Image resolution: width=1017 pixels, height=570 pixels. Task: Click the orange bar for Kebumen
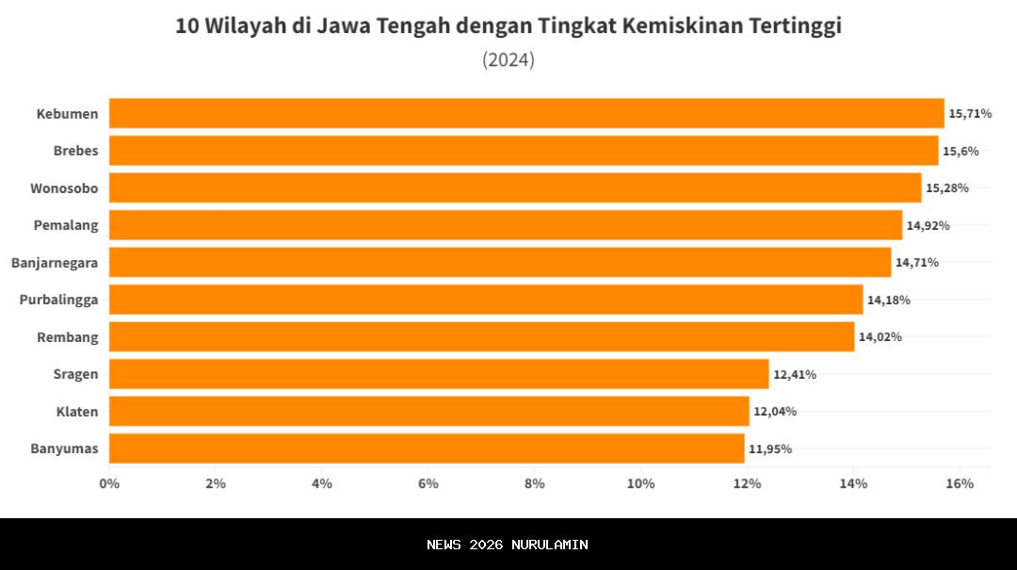click(x=526, y=113)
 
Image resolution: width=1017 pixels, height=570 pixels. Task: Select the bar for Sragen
click(x=439, y=374)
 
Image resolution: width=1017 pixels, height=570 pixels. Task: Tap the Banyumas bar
click(x=427, y=448)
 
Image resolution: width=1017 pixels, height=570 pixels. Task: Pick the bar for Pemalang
click(x=506, y=225)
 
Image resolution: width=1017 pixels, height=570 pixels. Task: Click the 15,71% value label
click(x=970, y=113)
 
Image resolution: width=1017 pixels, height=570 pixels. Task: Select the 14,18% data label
click(x=889, y=300)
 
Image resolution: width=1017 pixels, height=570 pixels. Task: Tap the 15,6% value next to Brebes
click(x=960, y=151)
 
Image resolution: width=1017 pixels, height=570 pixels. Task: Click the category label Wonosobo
click(x=64, y=188)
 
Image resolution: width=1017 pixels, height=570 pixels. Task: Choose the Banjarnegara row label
click(x=55, y=263)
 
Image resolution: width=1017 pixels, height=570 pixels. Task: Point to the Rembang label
click(x=68, y=337)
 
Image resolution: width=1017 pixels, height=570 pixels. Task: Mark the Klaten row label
click(x=76, y=412)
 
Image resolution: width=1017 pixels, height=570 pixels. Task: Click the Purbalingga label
click(x=59, y=300)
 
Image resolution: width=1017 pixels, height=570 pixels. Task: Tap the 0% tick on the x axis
click(x=109, y=483)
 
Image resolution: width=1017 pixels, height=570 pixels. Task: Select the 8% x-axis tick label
click(x=535, y=483)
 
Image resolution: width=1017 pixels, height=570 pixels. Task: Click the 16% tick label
click(x=960, y=483)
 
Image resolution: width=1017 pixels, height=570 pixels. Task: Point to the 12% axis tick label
click(x=747, y=483)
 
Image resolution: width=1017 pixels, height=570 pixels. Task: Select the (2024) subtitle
click(x=508, y=60)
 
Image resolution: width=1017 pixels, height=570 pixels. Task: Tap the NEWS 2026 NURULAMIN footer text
click(x=508, y=545)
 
